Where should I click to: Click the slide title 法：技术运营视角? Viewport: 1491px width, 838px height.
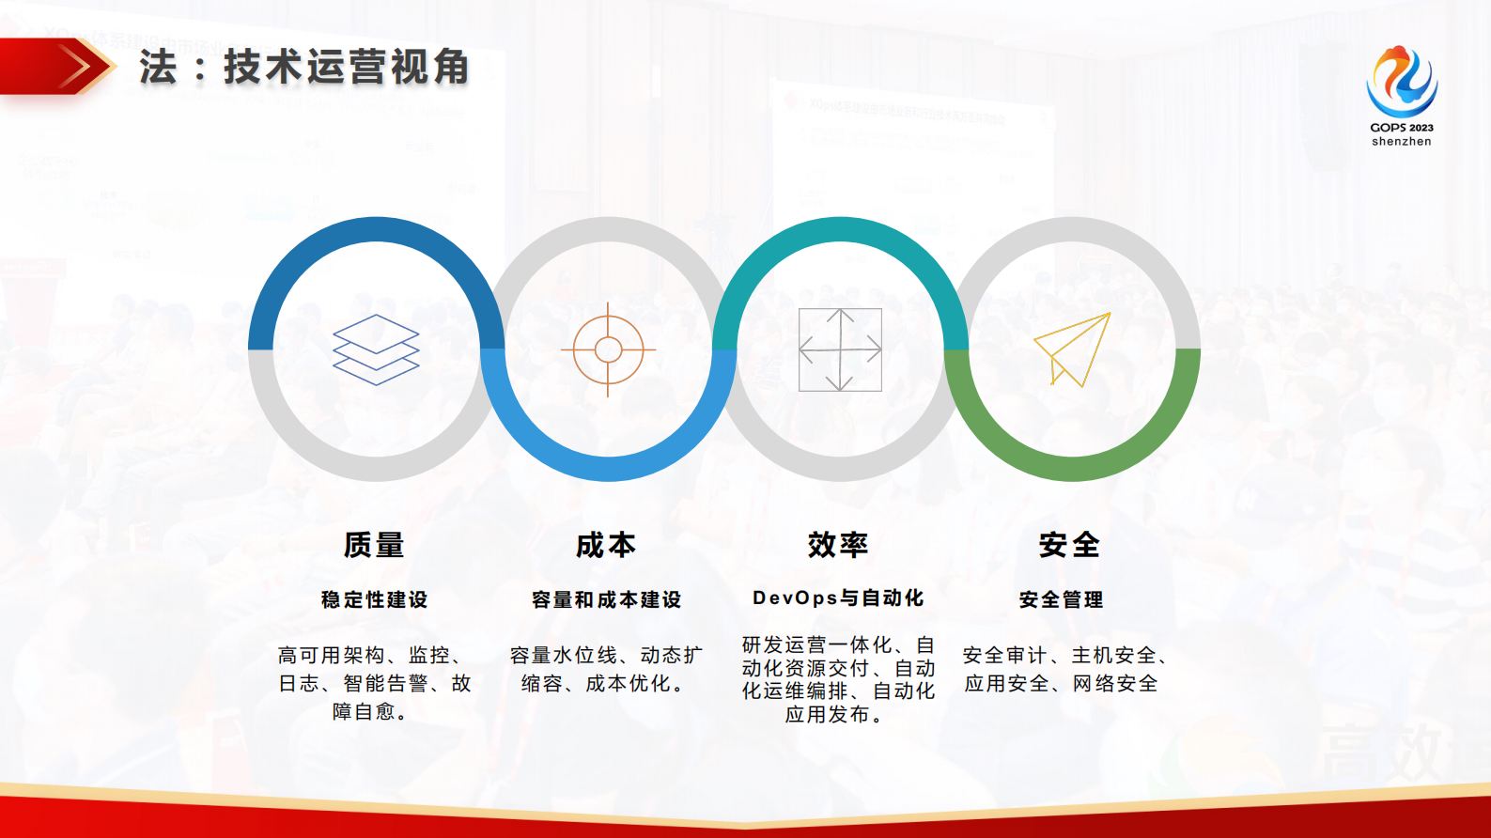click(x=304, y=68)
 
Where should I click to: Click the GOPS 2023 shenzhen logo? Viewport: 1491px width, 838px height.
click(x=1401, y=85)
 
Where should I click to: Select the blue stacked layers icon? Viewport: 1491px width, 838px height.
click(x=376, y=349)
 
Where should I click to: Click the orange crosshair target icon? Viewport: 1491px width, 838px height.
click(x=608, y=349)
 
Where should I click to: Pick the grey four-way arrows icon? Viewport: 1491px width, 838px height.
click(x=840, y=349)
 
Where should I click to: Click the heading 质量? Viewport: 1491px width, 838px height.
click(x=374, y=545)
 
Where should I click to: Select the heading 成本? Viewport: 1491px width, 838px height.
click(x=606, y=545)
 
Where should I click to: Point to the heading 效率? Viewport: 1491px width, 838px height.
click(x=838, y=545)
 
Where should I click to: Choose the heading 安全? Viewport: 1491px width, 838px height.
click(x=1070, y=545)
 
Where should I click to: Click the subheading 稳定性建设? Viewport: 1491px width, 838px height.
click(x=374, y=599)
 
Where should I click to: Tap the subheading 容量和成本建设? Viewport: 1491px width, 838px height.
click(x=606, y=599)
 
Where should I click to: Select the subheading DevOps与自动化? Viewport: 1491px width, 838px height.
click(x=838, y=598)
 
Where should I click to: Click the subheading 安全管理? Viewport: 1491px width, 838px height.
click(x=1061, y=599)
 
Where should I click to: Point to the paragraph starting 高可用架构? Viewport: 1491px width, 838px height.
click(x=374, y=683)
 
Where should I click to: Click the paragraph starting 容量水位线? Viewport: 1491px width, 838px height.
click(x=606, y=669)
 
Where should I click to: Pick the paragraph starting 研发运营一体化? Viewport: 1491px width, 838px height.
click(x=838, y=679)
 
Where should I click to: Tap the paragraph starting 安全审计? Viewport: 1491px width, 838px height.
click(x=1064, y=669)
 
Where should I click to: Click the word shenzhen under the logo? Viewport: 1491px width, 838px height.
click(x=1401, y=142)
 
